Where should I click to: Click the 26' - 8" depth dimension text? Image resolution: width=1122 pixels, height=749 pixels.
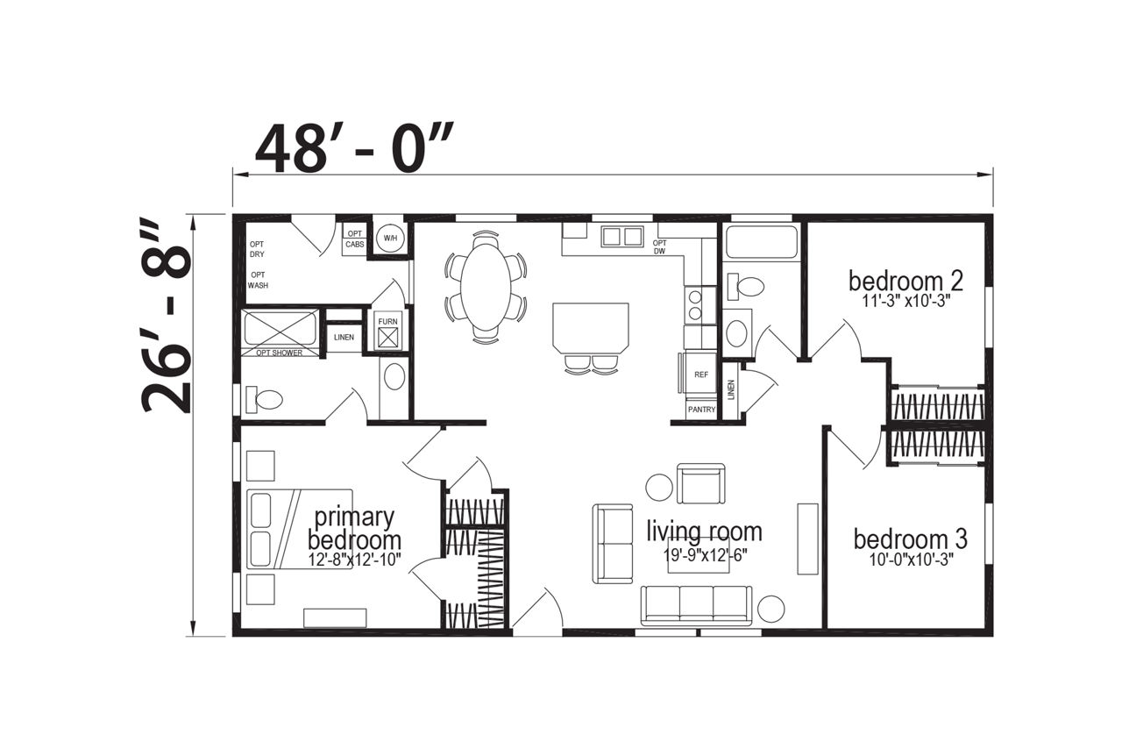(x=167, y=316)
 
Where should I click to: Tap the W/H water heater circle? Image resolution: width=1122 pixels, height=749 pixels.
(x=390, y=238)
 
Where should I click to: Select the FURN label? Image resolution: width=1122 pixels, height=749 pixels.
(x=387, y=321)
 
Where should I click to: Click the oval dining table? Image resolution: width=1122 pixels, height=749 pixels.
(x=486, y=288)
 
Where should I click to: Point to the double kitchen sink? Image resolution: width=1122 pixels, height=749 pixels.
(x=622, y=236)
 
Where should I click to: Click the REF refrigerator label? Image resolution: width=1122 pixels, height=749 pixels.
(x=701, y=374)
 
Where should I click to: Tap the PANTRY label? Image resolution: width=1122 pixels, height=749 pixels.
(x=701, y=409)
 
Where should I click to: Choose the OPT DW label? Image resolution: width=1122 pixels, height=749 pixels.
(x=660, y=247)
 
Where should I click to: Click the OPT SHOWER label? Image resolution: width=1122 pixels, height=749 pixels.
(x=279, y=353)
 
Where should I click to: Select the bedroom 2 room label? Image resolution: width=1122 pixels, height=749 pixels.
(x=905, y=282)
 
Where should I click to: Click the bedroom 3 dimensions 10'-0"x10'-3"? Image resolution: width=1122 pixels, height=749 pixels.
(x=911, y=560)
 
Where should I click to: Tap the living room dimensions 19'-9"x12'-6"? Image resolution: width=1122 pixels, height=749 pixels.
(x=706, y=554)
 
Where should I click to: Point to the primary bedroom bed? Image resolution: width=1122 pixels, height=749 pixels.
(x=299, y=529)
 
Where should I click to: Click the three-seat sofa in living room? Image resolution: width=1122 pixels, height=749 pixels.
(x=697, y=606)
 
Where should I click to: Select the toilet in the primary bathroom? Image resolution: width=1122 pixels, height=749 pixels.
(x=264, y=400)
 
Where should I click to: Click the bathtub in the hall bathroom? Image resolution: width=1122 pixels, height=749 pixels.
(x=761, y=242)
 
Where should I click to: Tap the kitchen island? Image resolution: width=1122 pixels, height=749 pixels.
(x=591, y=328)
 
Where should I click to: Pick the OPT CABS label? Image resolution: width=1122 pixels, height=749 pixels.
(x=355, y=239)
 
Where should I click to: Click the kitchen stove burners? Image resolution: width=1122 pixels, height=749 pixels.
(x=695, y=305)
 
